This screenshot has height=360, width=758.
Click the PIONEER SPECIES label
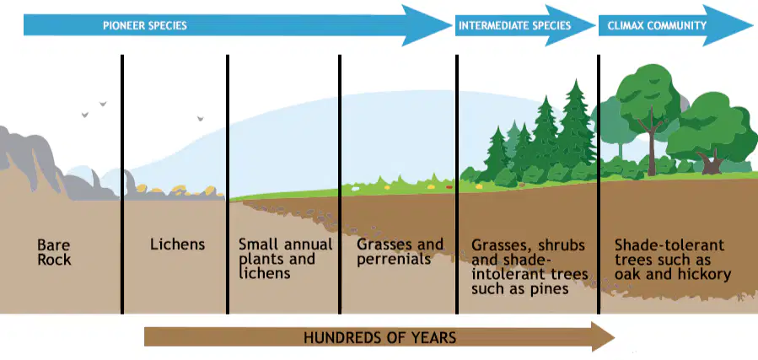coord(145,25)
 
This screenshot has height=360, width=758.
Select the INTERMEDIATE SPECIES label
coord(515,25)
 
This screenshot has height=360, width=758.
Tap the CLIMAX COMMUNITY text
coord(657,25)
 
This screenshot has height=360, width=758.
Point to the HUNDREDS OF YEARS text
coord(379,336)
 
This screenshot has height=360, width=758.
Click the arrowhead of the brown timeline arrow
coord(604,336)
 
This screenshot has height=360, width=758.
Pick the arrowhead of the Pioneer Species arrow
coord(427,25)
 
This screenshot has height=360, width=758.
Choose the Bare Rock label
coord(54,252)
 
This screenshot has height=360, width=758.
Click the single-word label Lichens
coord(177,244)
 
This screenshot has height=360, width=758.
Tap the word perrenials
coord(394,259)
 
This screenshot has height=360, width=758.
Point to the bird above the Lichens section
coord(200,118)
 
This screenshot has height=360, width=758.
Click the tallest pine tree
coord(575,128)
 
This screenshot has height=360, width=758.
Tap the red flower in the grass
coord(449,186)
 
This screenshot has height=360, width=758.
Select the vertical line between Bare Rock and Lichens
coord(122,184)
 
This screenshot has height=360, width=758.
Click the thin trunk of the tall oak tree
coord(652,145)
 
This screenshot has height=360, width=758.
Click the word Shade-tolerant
coord(669,245)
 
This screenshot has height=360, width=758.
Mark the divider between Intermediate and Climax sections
coord(599,184)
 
